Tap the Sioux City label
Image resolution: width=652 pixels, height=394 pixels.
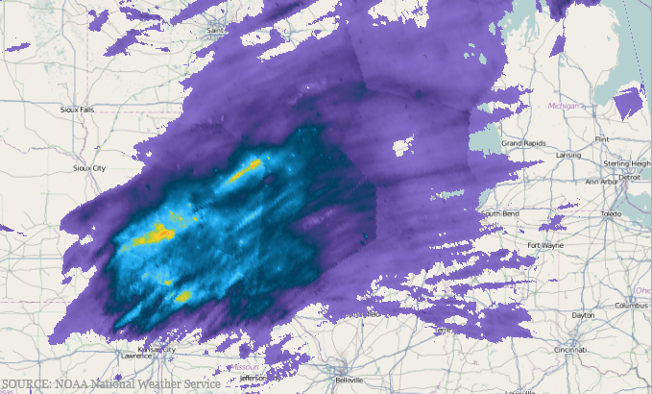(x=89, y=167)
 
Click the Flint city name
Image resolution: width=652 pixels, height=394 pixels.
(x=602, y=139)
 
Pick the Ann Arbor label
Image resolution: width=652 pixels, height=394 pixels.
(x=602, y=181)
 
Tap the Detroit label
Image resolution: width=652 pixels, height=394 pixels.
(x=629, y=177)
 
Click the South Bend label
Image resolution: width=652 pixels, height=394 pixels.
(x=499, y=213)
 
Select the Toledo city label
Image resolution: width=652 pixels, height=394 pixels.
(x=611, y=212)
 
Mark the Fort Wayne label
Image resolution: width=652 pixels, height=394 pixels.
(x=545, y=245)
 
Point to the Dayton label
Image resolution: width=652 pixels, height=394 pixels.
(x=582, y=314)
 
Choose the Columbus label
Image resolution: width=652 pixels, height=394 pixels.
(x=633, y=305)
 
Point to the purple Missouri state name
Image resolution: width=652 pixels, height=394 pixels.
(x=246, y=366)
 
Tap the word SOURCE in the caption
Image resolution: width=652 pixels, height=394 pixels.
(x=26, y=384)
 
